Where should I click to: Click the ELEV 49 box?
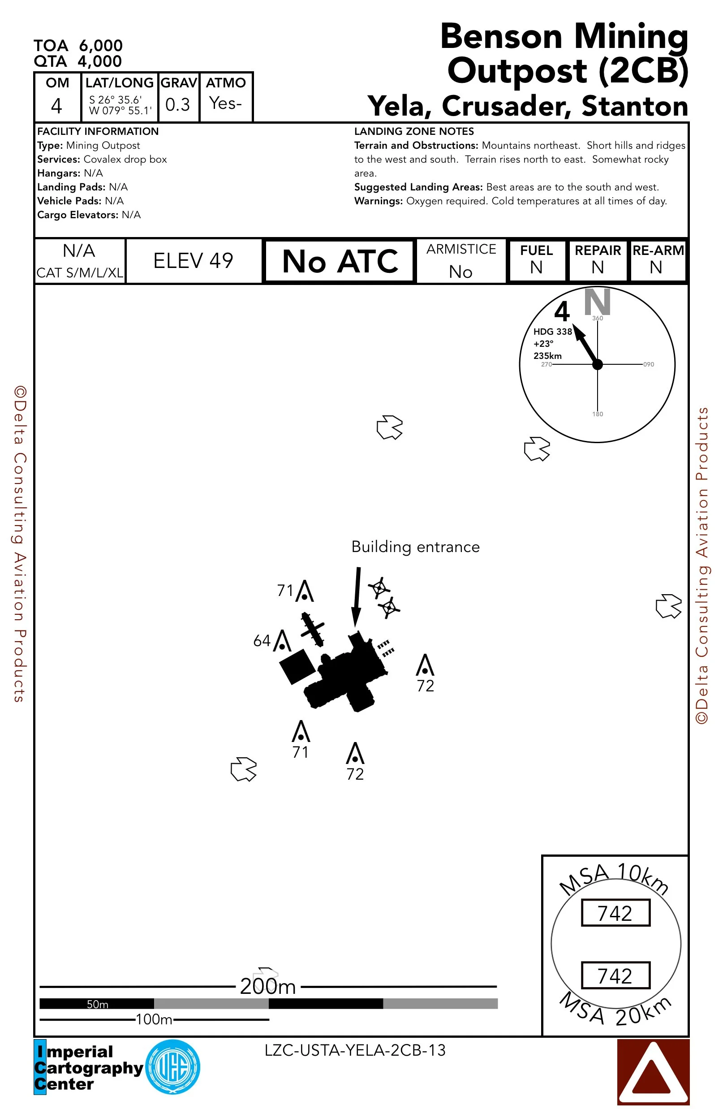pos(194,261)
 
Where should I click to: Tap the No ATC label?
pos(340,261)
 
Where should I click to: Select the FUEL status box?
pos(537,260)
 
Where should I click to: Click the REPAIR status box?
pos(598,260)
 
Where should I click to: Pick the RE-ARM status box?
pos(657,260)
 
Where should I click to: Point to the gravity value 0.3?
pos(177,104)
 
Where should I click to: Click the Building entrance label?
pos(415,547)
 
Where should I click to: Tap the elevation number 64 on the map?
pos(261,641)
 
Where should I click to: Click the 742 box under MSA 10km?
pos(615,913)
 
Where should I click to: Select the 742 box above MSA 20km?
pos(615,975)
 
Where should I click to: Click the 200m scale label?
pos(268,987)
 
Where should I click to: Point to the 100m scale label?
pos(154,1019)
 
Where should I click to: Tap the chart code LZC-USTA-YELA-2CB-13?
pos(355,1050)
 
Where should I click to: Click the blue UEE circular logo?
pos(173,1067)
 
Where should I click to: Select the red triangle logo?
pos(653,1072)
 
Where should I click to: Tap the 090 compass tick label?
pos(649,364)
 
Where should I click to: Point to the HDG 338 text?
pos(552,332)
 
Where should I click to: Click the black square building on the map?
pos(297,666)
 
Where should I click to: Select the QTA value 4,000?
pos(100,61)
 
